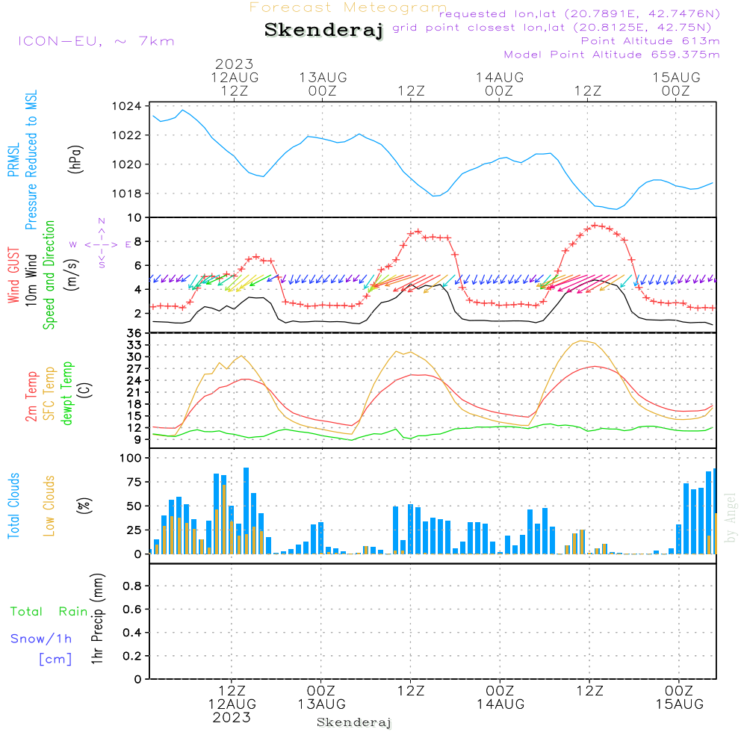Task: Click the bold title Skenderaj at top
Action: pos(323,31)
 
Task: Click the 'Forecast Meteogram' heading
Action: pos(348,7)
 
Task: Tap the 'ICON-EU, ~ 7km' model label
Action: pos(96,40)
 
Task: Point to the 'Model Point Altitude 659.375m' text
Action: pos(612,54)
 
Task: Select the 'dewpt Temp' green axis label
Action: pos(68,393)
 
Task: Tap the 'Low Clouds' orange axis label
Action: pos(49,505)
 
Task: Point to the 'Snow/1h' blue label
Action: pos(41,639)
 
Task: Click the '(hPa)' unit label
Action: pos(75,159)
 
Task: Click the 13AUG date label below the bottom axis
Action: pos(321,704)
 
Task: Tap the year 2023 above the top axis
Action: pos(235,63)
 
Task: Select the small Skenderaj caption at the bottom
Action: pos(354,722)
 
